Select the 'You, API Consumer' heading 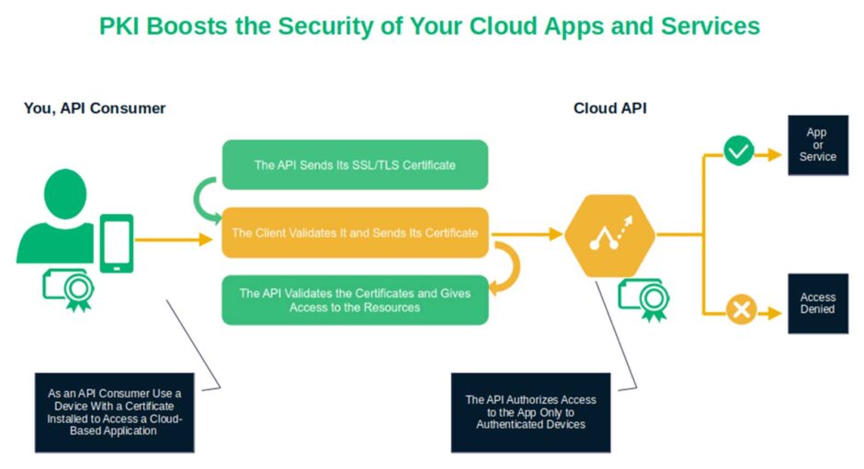click(x=95, y=108)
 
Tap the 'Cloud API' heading click(x=609, y=108)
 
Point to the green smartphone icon click(x=117, y=243)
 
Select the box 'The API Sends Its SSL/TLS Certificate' click(x=355, y=165)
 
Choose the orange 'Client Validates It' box click(x=355, y=233)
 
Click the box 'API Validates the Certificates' click(x=355, y=300)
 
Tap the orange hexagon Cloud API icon click(x=609, y=235)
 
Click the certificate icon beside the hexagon click(x=644, y=297)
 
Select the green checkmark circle click(x=738, y=151)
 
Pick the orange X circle click(x=740, y=309)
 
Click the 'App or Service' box click(x=817, y=145)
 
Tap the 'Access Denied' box click(x=817, y=304)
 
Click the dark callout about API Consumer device click(x=115, y=412)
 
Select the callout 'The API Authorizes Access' click(x=530, y=412)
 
